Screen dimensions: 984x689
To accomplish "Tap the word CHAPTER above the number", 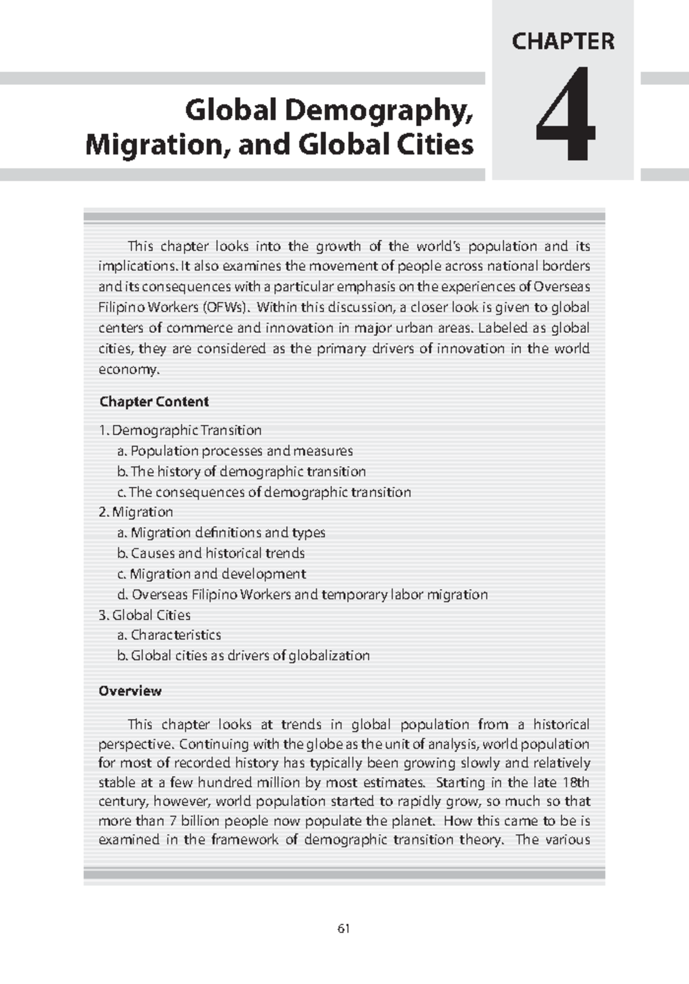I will point(563,41).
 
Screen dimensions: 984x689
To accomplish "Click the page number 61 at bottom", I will point(344,928).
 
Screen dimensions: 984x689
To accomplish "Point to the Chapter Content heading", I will point(154,401).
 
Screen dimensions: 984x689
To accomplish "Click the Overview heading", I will point(130,691).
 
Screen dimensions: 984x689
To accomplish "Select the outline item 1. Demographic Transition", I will point(180,430).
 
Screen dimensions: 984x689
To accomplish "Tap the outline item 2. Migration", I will point(136,512).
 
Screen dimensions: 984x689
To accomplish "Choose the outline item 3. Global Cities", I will point(144,615).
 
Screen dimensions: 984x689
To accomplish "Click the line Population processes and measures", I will point(235,451).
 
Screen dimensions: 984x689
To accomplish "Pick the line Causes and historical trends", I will point(211,553).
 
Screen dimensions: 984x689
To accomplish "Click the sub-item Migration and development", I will point(211,574).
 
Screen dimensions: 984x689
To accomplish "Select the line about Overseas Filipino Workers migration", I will point(302,594).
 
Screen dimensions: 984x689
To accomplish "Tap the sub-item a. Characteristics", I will point(169,634).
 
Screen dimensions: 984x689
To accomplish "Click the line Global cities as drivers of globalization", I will point(243,655).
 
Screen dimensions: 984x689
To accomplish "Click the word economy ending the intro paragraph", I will point(127,370).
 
